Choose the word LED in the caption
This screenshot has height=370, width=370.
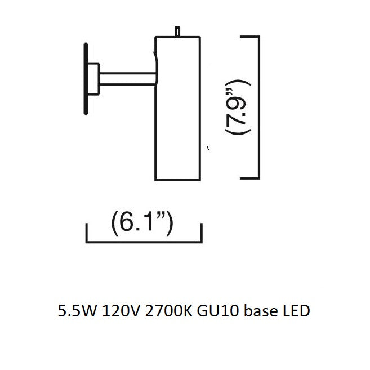[294, 310]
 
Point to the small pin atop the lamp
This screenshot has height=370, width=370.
[178, 32]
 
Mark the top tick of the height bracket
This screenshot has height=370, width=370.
[249, 37]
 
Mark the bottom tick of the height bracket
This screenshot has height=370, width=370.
[249, 178]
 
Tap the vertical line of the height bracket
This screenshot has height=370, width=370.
[258, 107]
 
